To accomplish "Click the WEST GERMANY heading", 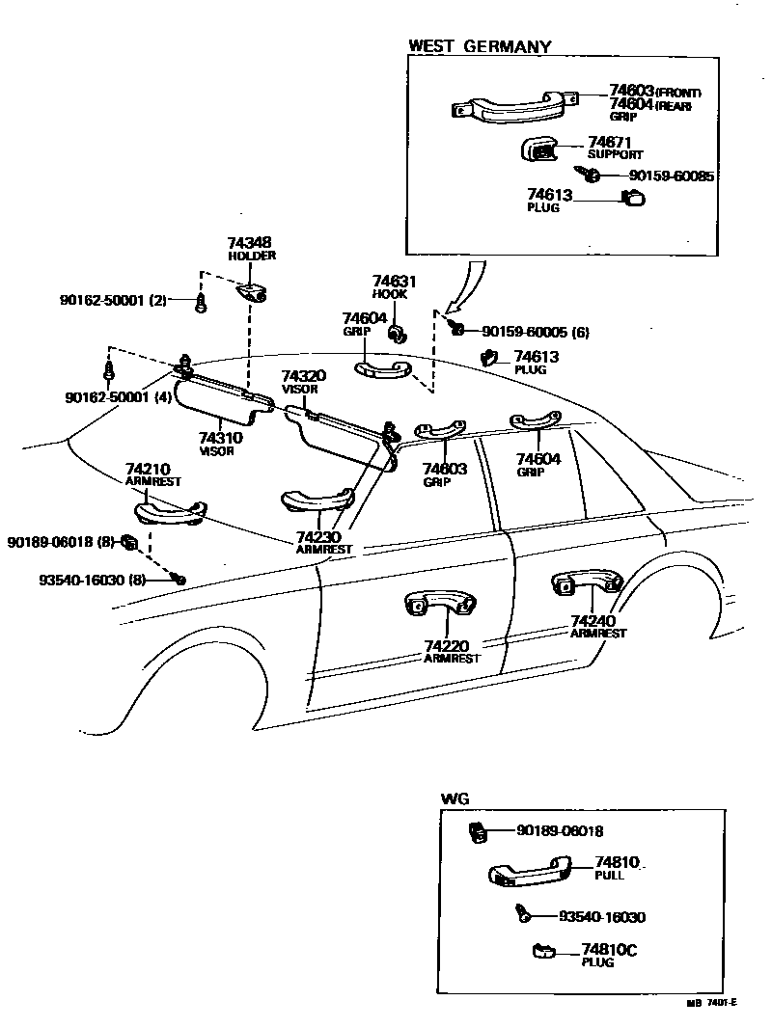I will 480,45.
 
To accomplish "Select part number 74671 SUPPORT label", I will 615,147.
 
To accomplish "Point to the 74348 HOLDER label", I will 251,249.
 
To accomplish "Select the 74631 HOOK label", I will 394,287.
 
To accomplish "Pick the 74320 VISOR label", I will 303,381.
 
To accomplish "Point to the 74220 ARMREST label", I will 452,651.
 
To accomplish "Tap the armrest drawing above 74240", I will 585,583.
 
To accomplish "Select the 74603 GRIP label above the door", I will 444,474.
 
